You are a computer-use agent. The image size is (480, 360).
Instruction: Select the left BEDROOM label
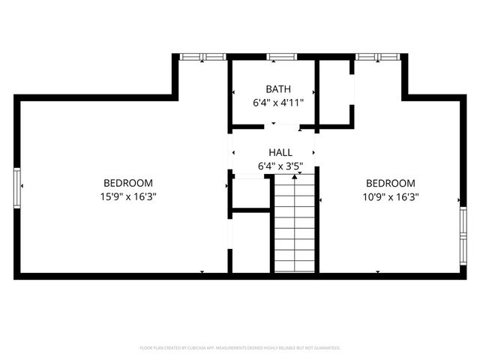pyautogui.click(x=128, y=183)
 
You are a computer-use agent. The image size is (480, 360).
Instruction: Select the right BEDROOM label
pyautogui.click(x=390, y=183)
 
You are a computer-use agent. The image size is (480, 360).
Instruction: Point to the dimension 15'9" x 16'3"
pyautogui.click(x=128, y=196)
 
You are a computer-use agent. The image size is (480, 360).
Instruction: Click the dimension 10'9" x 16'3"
pyautogui.click(x=390, y=196)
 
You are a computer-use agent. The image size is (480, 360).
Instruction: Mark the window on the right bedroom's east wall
pyautogui.click(x=463, y=234)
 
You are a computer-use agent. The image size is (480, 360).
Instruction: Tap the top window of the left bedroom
pyautogui.click(x=202, y=56)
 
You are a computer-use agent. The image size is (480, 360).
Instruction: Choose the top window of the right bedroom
pyautogui.click(x=378, y=56)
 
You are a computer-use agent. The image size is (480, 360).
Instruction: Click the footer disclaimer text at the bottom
pyautogui.click(x=240, y=348)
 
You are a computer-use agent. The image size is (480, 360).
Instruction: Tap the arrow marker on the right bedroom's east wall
pyautogui.click(x=459, y=200)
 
